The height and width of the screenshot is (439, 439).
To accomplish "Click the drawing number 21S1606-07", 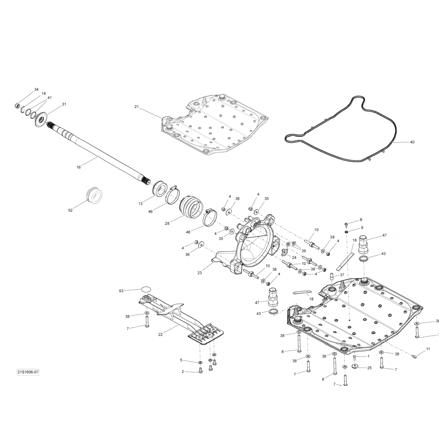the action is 28,372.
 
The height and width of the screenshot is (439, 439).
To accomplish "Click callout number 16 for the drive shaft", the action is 78,167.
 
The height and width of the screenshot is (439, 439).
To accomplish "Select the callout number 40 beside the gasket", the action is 412,142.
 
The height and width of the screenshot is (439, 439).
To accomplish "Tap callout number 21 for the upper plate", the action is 136,107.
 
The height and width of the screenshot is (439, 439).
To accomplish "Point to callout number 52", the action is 70,210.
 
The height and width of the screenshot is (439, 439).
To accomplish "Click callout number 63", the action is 121,291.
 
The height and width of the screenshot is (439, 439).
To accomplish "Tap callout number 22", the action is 160,335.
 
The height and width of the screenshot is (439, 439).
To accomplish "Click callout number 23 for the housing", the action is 200,273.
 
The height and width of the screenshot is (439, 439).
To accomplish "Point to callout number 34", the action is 36,89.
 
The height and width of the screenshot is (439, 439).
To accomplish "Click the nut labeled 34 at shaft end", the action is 17,105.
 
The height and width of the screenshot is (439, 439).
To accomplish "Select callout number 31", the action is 64,104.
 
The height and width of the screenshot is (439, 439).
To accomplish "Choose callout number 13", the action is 140,203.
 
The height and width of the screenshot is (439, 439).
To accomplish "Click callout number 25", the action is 369,368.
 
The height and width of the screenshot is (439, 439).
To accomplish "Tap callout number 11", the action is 428,349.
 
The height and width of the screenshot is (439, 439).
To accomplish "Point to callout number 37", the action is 342,275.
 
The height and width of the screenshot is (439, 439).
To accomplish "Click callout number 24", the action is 294,258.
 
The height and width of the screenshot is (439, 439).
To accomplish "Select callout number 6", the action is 361,220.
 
